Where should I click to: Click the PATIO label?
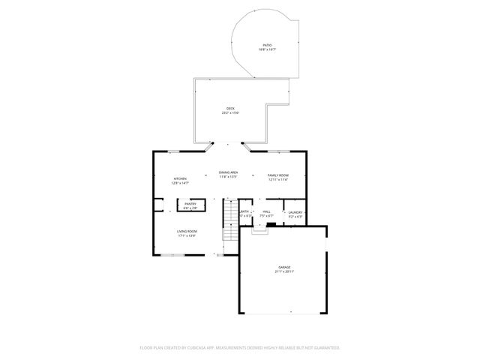tap(268, 45)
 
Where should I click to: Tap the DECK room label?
tap(231, 109)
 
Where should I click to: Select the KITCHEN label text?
tap(180, 178)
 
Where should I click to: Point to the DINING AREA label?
tap(229, 172)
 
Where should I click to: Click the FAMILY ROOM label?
tap(278, 175)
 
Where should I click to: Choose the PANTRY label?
tap(190, 203)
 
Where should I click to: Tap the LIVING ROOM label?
tap(187, 231)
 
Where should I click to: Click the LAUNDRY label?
tap(295, 212)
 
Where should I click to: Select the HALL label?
tap(266, 212)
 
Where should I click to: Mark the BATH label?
tap(245, 212)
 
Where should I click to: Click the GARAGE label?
tap(283, 267)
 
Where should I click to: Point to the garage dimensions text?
tap(283, 271)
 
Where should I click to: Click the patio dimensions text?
tap(268, 49)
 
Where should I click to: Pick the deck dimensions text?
tap(231, 113)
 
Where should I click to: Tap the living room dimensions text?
tap(187, 235)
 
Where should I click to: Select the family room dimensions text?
tap(278, 179)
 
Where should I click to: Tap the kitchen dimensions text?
tap(180, 183)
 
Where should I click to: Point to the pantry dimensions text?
tap(190, 208)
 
